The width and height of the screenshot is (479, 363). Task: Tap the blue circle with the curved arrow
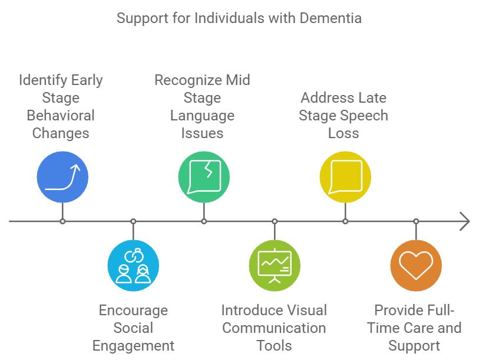(x=62, y=176)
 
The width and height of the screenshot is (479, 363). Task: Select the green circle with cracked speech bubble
(x=204, y=176)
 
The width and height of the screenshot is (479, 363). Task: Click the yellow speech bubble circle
(x=345, y=176)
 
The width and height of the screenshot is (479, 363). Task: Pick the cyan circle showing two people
(x=133, y=266)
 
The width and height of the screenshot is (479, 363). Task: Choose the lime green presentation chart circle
(x=275, y=266)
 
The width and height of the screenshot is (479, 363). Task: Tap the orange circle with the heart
(x=416, y=266)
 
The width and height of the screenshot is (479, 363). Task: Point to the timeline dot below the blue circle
(x=62, y=221)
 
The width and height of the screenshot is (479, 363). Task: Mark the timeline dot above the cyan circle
(x=133, y=221)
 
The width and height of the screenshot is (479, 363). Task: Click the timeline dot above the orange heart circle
(x=416, y=221)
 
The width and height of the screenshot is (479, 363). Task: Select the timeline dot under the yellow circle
(x=345, y=221)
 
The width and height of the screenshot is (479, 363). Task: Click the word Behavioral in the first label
(x=61, y=115)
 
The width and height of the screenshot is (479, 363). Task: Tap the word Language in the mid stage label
(x=202, y=115)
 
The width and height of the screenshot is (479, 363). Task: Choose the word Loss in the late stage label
(x=343, y=133)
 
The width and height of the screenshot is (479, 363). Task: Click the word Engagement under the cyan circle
(x=133, y=345)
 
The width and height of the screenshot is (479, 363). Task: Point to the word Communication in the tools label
(x=274, y=328)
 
